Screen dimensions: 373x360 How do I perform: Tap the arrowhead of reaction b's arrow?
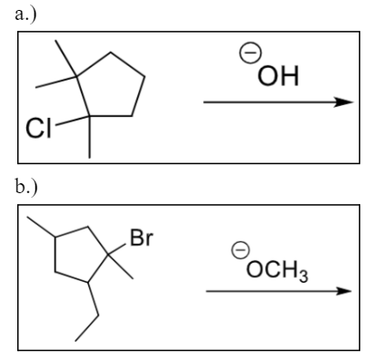coord(342,291)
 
